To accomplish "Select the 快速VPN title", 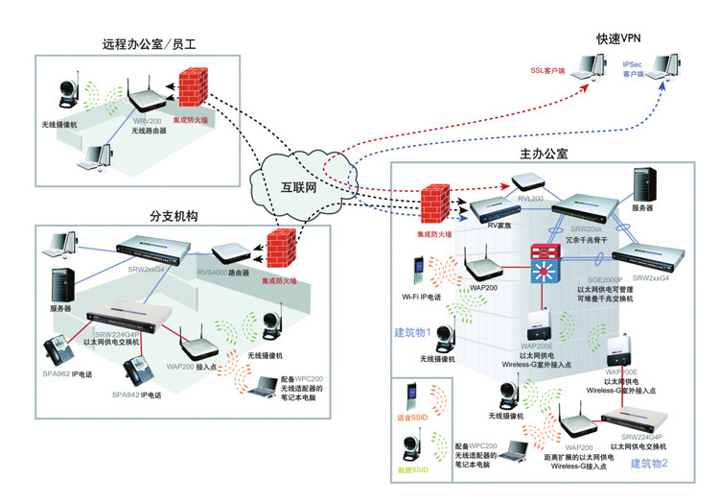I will [617, 39].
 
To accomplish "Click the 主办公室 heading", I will [544, 154].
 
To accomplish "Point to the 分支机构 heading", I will [174, 216].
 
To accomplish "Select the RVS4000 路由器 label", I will [223, 273].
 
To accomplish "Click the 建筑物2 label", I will [648, 464].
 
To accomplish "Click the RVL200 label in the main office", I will [532, 198].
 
